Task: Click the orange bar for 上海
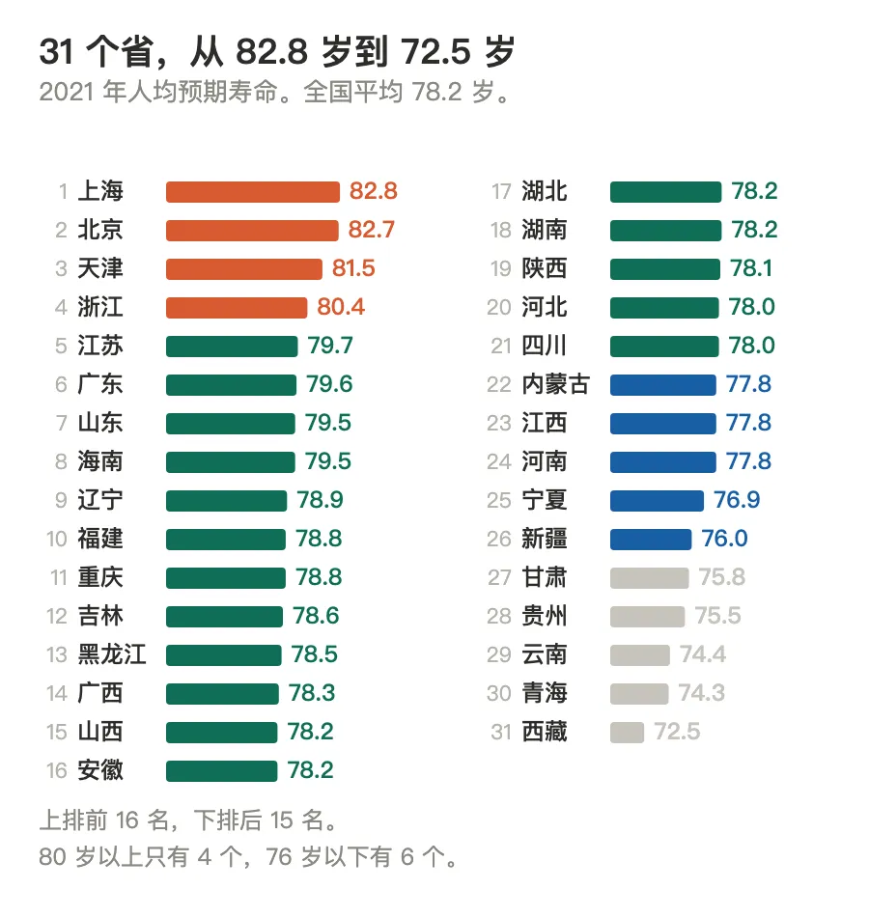[x=253, y=192]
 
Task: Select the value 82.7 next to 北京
[x=372, y=230]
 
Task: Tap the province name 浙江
[x=100, y=307]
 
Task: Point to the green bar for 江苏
[x=232, y=347]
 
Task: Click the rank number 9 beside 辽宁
[x=62, y=501]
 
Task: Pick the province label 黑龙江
[x=112, y=654]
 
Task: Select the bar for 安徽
[x=222, y=771]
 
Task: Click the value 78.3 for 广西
[x=312, y=693]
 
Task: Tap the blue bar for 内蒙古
[x=663, y=385]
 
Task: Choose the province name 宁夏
[x=545, y=500]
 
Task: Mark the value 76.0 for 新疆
[x=724, y=539]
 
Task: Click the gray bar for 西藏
[x=627, y=733]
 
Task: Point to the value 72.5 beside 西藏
[x=677, y=732]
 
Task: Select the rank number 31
[x=501, y=733]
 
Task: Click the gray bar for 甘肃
[x=650, y=578]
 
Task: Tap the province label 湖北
[x=545, y=191]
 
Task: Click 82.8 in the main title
[x=271, y=51]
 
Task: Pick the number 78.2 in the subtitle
[x=436, y=92]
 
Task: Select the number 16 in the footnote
[x=127, y=820]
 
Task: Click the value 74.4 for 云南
[x=703, y=654]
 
